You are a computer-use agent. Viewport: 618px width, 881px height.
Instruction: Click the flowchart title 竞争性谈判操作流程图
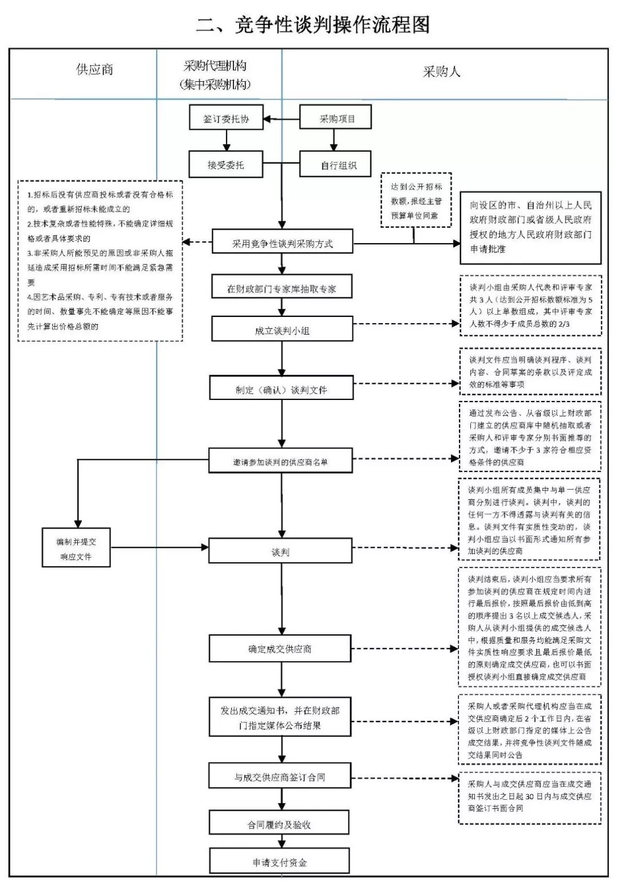[312, 25]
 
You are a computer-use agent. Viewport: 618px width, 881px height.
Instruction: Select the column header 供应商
[94, 70]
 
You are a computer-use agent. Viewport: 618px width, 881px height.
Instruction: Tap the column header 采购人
[441, 72]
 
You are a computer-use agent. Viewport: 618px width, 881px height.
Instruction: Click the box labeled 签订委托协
[226, 119]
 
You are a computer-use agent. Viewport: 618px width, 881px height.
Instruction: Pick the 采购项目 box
[336, 118]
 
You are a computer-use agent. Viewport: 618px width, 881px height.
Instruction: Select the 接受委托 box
[226, 165]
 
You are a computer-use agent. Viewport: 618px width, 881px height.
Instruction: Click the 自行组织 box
[336, 165]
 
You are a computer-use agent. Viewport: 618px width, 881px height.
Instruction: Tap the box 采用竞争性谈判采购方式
[282, 243]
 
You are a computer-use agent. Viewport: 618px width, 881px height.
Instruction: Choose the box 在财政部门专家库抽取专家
[282, 288]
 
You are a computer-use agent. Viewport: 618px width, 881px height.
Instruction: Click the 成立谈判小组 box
[282, 330]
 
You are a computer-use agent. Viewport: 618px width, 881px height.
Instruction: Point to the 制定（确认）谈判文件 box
[282, 389]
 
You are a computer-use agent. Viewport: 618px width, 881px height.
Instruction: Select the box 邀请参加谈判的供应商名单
[280, 461]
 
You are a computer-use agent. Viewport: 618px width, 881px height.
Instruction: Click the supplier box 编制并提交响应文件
[76, 548]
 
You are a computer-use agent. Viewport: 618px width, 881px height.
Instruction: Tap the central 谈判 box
[280, 551]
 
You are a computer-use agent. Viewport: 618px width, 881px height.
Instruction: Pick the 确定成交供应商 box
[280, 649]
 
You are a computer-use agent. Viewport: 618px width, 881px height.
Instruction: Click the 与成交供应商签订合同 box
[280, 776]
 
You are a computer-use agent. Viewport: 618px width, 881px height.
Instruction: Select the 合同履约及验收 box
[279, 824]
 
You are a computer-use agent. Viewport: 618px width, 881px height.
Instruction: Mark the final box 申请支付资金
[279, 862]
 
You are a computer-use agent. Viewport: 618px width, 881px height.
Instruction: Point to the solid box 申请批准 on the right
[530, 228]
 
